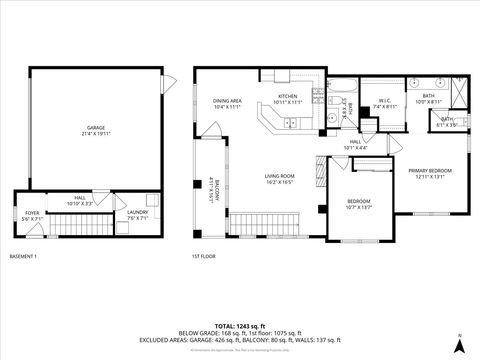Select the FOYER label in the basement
pyautogui.click(x=32, y=215)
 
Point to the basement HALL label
pyautogui.click(x=80, y=201)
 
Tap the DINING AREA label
pyautogui.click(x=227, y=103)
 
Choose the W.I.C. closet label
pyautogui.click(x=385, y=103)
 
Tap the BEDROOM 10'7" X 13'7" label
pyautogui.click(x=358, y=204)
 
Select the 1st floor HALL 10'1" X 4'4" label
pyautogui.click(x=355, y=145)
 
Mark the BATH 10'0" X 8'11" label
pyautogui.click(x=428, y=101)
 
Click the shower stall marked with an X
pyautogui.click(x=458, y=91)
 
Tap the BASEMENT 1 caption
pyautogui.click(x=22, y=256)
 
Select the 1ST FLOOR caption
pyautogui.click(x=203, y=256)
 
